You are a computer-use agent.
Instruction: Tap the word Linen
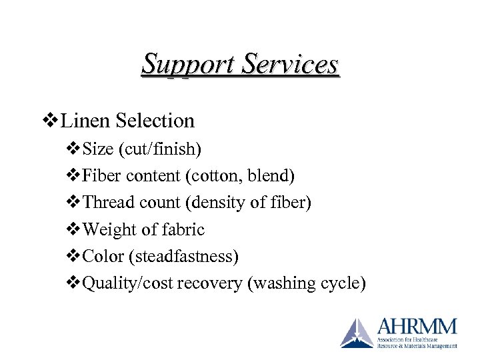click(x=87, y=121)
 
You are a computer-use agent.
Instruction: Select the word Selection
click(x=155, y=121)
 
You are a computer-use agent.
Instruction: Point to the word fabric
click(x=183, y=230)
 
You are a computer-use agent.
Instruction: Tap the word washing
click(x=281, y=283)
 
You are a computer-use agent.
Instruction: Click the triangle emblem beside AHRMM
click(x=357, y=333)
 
